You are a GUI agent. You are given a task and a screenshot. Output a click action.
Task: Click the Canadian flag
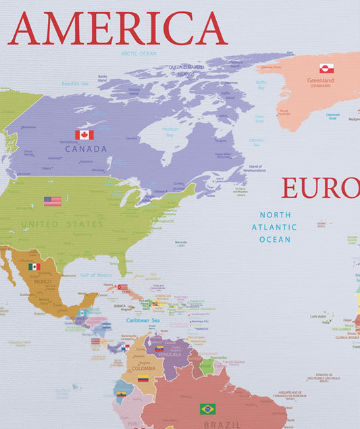coord(84,134)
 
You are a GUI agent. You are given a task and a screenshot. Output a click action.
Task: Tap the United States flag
coord(53,201)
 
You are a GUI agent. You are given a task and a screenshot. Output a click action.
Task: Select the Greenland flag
coord(327,68)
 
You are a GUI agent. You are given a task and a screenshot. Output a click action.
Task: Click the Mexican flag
coord(34,267)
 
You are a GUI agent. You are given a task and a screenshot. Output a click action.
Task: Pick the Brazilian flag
coord(208,409)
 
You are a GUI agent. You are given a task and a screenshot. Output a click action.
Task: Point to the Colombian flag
coord(143,379)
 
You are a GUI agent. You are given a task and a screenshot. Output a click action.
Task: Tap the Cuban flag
coord(123,287)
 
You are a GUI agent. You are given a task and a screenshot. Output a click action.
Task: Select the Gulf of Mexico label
coord(96,275)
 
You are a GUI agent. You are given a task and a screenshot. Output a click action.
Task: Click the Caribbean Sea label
coord(142,320)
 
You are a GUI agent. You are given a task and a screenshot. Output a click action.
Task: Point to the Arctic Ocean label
coord(138,53)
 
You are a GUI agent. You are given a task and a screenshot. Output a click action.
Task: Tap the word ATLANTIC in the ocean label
coord(274,227)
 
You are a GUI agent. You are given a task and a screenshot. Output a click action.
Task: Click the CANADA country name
coord(86,149)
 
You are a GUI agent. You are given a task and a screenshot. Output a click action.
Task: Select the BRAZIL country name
coord(223,425)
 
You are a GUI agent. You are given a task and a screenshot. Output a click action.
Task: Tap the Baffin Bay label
coord(261,84)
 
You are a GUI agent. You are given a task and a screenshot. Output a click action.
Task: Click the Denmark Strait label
coord(333,116)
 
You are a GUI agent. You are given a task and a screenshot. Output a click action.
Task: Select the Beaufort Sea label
coord(75,83)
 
